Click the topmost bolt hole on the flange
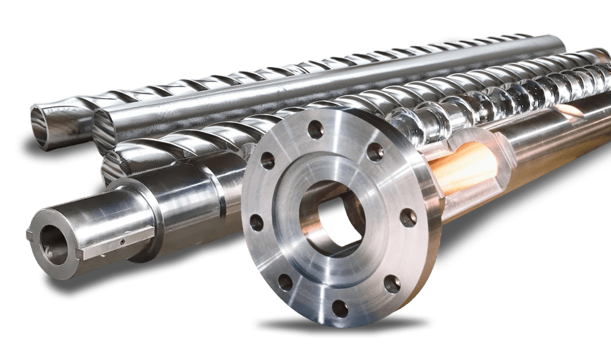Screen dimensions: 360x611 click(315, 130)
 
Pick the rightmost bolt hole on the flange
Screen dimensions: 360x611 click(408, 217)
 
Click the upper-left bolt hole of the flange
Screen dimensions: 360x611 click(267, 160)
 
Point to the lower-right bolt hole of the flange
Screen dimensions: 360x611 click(392, 284)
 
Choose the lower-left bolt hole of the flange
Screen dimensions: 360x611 click(285, 282)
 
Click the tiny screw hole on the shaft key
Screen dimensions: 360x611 click(122, 242)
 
